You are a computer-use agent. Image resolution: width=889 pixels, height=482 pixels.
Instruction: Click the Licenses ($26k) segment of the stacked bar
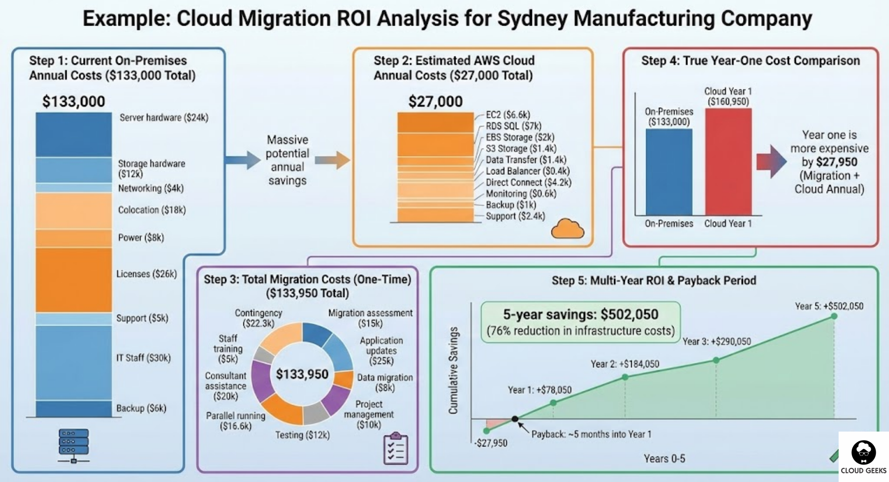tap(74, 280)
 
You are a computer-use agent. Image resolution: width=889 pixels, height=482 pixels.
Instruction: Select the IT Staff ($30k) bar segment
tap(74, 363)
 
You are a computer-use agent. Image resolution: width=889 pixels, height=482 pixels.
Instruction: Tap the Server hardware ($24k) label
tap(164, 118)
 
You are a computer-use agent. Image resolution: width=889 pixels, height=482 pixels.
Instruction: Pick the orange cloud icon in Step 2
tap(567, 229)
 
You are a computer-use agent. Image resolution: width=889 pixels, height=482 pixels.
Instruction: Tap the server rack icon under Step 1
tap(74, 445)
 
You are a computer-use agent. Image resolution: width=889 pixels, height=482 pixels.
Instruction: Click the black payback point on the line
tap(515, 419)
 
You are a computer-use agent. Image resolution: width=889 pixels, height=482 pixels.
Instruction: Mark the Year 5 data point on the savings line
tap(834, 316)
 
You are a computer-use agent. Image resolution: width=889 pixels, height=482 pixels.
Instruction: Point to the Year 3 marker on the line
tap(716, 360)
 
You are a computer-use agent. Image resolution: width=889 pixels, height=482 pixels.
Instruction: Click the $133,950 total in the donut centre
tap(302, 374)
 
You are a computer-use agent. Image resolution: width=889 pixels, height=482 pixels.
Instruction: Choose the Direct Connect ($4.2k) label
tap(529, 182)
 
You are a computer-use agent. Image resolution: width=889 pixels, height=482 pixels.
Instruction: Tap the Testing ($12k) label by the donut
tap(302, 435)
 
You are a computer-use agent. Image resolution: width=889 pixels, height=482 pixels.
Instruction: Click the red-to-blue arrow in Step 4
tap(771, 161)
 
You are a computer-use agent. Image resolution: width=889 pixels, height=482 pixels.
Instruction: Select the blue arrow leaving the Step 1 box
tap(243, 160)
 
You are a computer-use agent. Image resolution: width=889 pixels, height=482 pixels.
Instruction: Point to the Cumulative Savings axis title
tap(453, 370)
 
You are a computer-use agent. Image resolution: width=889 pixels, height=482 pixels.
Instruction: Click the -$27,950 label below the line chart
tap(491, 443)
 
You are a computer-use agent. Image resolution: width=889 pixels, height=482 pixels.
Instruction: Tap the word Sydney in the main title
tap(532, 19)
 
